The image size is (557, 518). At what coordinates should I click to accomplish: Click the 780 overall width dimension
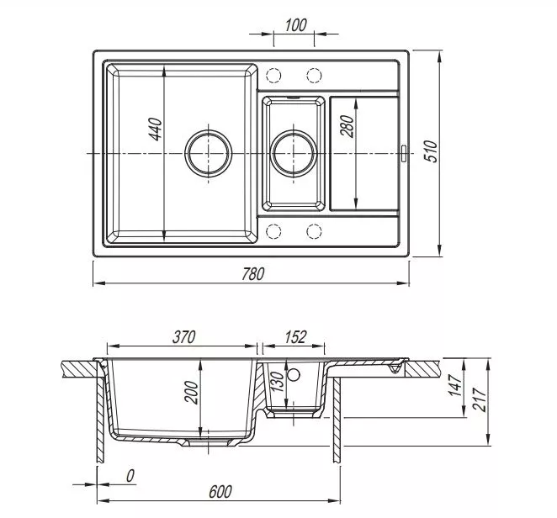pos(253,274)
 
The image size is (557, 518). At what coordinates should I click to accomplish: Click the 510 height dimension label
pos(432,151)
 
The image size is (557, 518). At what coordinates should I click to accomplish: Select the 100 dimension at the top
pos(295,25)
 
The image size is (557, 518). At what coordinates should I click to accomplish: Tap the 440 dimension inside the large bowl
pos(155,129)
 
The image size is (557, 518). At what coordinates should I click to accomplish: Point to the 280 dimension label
pos(347,125)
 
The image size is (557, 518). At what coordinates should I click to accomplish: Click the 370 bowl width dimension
pos(184,337)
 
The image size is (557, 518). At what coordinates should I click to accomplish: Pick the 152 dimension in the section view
pos(295,337)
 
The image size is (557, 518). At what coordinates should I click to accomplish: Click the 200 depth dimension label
pos(192,393)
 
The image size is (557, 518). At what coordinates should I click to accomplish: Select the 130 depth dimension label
pos(278,381)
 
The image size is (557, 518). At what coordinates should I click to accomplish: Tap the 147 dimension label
pos(455,385)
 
